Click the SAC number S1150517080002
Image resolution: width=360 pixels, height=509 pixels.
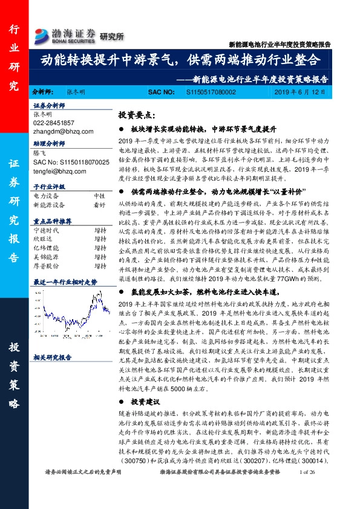(x=209, y=91)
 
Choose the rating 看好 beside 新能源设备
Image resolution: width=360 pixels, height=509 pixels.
(x=99, y=204)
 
